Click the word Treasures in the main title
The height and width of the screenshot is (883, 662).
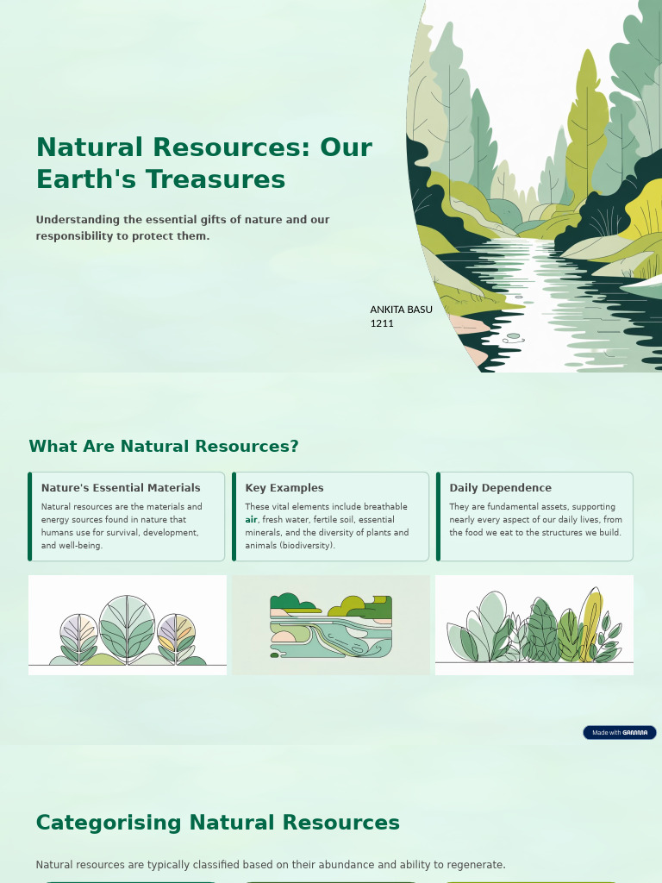215,179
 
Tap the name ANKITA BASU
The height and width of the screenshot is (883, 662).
401,310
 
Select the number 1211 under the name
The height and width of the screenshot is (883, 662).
382,323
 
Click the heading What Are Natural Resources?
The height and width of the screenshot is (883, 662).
164,447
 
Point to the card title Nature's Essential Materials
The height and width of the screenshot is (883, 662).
121,488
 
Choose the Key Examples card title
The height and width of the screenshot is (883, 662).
284,488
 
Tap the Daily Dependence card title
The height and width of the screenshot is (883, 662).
500,488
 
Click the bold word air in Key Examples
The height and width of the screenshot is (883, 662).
251,520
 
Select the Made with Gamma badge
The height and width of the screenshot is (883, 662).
620,733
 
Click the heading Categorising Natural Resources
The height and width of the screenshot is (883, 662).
217,823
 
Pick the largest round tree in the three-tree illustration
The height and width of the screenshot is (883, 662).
127,626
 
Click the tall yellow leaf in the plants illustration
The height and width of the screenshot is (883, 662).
590,621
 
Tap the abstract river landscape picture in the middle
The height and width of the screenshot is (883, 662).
331,625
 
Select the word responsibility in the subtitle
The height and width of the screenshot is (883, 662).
73,236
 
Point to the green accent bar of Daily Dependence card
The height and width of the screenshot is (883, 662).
438,517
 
